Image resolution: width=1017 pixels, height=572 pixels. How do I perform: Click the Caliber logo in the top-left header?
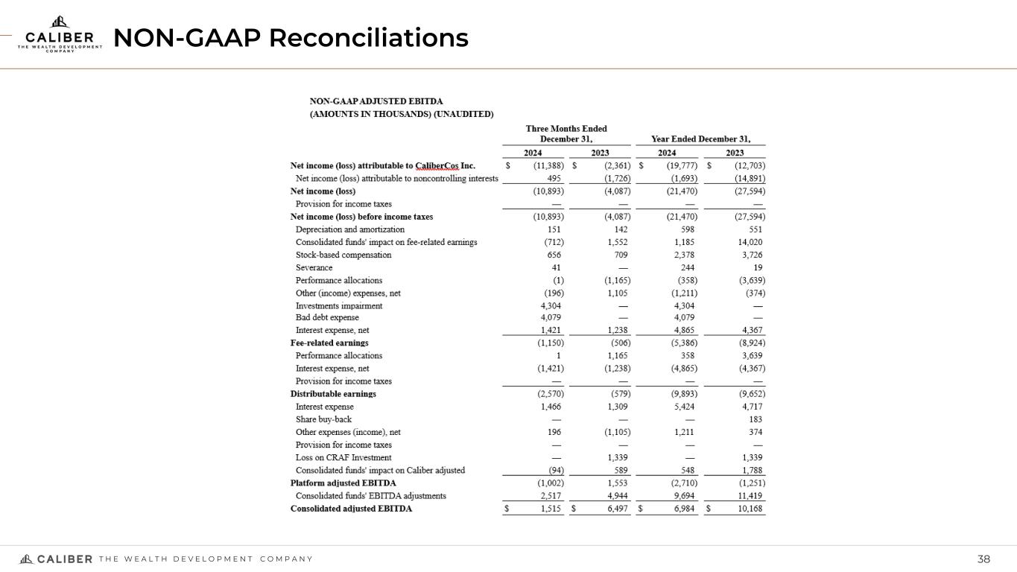click(x=60, y=35)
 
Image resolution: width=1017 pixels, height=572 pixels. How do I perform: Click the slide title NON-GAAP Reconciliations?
click(x=291, y=37)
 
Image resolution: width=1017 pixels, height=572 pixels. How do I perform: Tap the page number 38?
click(x=984, y=559)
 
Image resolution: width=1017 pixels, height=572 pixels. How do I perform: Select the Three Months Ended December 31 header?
click(x=566, y=134)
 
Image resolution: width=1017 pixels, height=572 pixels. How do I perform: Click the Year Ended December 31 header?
click(x=700, y=139)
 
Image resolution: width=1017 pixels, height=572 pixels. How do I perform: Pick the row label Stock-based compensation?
click(x=343, y=255)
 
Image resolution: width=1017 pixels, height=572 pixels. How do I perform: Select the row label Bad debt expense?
click(x=327, y=317)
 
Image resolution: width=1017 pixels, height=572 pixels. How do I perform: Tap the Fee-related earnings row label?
click(x=329, y=343)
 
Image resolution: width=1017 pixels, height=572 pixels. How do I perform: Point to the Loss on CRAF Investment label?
click(x=343, y=457)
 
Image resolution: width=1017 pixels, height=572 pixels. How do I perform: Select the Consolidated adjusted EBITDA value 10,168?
click(x=749, y=509)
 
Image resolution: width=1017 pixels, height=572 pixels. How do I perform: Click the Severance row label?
click(x=314, y=267)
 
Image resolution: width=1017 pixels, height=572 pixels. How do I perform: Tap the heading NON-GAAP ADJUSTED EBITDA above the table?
click(x=376, y=101)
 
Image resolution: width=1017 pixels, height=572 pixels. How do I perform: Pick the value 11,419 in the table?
click(x=749, y=495)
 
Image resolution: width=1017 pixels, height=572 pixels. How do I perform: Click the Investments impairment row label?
click(x=339, y=305)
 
